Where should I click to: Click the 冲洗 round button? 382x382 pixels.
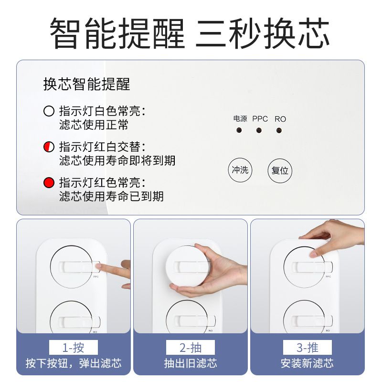[240, 170]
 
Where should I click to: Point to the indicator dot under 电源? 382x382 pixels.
[238, 130]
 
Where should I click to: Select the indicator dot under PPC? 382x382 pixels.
[259, 130]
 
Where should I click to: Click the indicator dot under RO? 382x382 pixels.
[279, 130]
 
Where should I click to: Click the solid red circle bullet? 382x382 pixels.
[49, 183]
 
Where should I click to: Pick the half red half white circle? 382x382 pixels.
[49, 147]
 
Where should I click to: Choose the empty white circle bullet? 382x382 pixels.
[49, 111]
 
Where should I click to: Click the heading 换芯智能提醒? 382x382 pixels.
[86, 85]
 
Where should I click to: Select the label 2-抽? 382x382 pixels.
[191, 347]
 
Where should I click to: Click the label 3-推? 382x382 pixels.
[308, 347]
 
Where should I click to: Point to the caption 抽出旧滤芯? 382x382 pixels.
[191, 364]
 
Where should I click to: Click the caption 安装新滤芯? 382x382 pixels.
[308, 364]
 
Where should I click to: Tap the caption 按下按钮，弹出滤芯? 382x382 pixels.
[74, 364]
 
